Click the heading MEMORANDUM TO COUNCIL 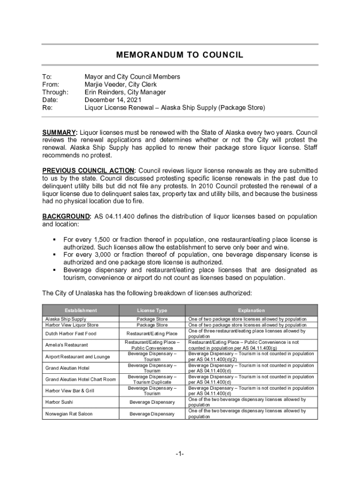pos(180,55)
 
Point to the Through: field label pos(55,92)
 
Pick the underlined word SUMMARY pos(59,132)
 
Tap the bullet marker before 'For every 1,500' pos(55,239)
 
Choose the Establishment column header pos(81,310)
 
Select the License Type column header pos(152,310)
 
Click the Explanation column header pos(251,310)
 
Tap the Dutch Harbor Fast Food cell pos(71,334)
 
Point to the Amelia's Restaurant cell pos(66,345)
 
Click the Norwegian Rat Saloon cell pos(69,414)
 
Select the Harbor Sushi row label pos(59,402)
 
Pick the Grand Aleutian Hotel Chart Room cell pos(80,379)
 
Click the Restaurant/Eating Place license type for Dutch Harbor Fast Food pos(152,334)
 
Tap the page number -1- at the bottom pos(180,454)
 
